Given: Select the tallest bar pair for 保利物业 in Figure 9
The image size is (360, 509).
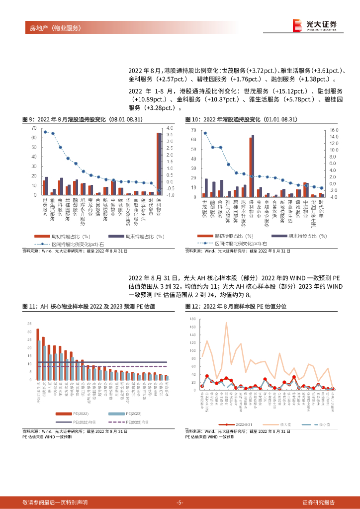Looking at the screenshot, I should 159,164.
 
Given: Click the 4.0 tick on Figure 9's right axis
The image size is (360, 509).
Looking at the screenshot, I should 170,128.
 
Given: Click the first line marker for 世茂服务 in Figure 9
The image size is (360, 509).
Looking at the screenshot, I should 45,132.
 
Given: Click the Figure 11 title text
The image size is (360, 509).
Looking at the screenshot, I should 90,307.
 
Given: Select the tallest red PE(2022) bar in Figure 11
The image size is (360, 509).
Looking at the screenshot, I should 37,354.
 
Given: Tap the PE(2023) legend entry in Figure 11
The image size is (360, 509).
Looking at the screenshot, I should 117,414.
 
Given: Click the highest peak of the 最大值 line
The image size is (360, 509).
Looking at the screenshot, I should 226,323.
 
